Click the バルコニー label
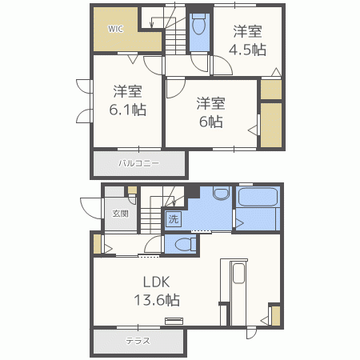(139, 163)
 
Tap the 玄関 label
(120, 214)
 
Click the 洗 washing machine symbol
(172, 218)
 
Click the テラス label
(137, 341)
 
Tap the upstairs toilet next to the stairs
(199, 28)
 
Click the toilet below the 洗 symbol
(183, 245)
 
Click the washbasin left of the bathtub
(222, 195)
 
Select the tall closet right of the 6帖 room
(271, 126)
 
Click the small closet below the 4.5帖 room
(271, 89)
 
